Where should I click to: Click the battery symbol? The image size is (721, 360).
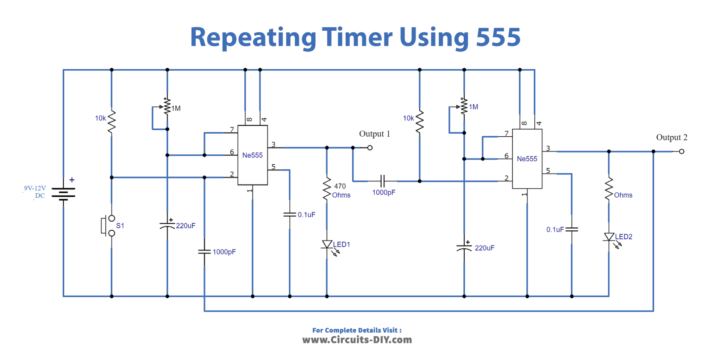click(x=63, y=193)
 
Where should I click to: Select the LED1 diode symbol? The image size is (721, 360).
click(x=327, y=244)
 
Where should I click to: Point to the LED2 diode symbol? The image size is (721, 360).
click(x=609, y=237)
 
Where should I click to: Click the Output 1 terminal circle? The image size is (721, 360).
click(x=370, y=148)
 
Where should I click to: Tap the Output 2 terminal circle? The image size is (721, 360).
click(x=682, y=151)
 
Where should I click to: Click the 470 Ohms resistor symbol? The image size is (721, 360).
click(x=327, y=189)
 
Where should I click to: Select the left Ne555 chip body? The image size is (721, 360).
click(x=252, y=155)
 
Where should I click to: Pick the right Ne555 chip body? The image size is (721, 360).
click(x=527, y=159)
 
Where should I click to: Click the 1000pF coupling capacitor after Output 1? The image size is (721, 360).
click(x=383, y=181)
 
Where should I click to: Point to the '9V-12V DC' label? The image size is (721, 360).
click(x=35, y=192)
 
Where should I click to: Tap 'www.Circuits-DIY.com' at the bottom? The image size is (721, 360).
click(x=357, y=340)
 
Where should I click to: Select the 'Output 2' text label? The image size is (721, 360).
click(x=671, y=137)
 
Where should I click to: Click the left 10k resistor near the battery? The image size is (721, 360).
click(x=112, y=122)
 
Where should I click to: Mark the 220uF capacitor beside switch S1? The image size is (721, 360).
click(x=167, y=225)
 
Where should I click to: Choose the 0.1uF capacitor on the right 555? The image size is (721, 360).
click(x=572, y=229)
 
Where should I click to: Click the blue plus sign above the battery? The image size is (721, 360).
click(x=72, y=180)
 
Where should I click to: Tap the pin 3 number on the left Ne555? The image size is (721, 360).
click(x=273, y=144)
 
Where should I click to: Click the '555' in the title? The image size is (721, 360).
click(x=498, y=37)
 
